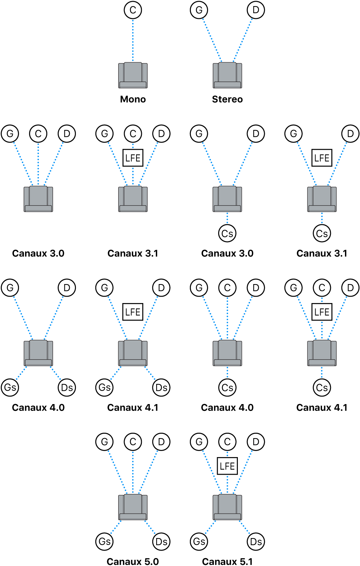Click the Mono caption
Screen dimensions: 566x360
(x=133, y=99)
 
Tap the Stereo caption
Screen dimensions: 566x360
(x=227, y=99)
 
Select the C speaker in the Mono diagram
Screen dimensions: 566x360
(x=133, y=10)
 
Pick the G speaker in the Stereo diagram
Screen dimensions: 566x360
(x=199, y=10)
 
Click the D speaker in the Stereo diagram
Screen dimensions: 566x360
(x=256, y=10)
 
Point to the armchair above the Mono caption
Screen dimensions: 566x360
(x=133, y=75)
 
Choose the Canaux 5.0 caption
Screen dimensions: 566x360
(x=133, y=561)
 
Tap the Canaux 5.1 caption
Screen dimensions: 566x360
(x=227, y=561)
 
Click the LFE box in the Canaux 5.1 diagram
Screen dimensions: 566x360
(x=227, y=466)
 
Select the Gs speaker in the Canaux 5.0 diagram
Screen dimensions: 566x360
(x=104, y=541)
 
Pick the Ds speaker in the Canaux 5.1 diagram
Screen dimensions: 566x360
(x=256, y=541)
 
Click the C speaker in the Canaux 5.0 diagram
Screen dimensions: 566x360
(x=133, y=442)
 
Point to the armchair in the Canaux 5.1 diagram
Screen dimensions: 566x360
(x=227, y=507)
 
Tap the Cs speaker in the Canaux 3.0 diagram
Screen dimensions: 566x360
(x=227, y=234)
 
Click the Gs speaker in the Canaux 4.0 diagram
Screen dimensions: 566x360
(x=10, y=387)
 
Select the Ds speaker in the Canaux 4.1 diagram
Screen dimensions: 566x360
(x=161, y=387)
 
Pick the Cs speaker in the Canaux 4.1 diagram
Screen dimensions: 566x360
(x=322, y=387)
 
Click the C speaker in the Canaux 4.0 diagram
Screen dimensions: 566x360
(x=227, y=288)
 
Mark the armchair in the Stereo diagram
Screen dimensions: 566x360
(x=227, y=75)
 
